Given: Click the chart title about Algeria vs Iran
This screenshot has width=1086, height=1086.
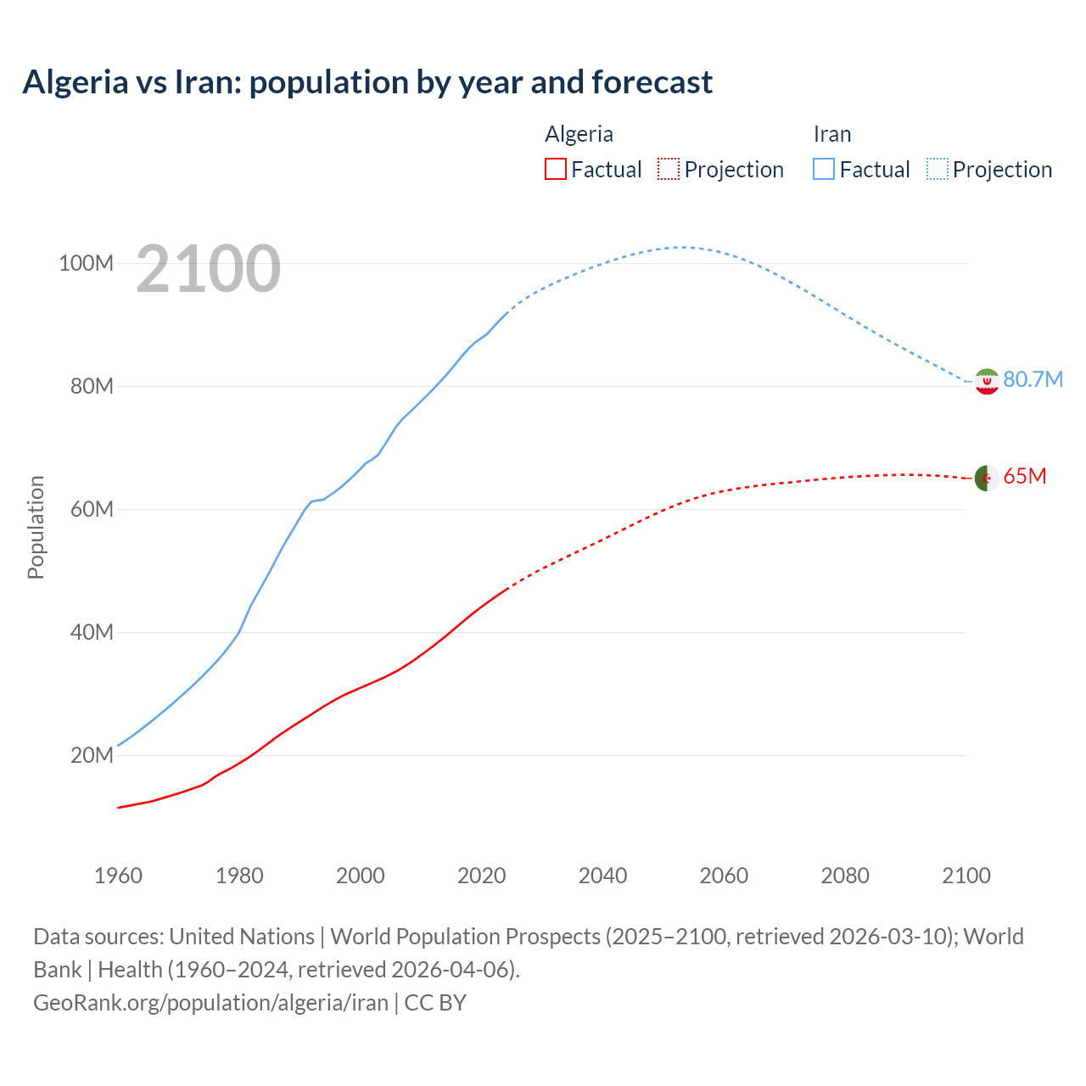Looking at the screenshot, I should click(x=367, y=82).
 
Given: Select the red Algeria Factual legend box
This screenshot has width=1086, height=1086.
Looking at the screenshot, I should click(x=555, y=169).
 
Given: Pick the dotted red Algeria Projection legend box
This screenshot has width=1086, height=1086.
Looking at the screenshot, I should click(x=669, y=169).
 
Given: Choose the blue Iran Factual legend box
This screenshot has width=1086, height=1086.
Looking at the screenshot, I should click(x=824, y=169).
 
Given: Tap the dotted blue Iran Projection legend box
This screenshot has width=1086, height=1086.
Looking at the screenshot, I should click(x=938, y=169).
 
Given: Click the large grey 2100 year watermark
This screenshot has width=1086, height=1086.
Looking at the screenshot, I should click(x=208, y=269).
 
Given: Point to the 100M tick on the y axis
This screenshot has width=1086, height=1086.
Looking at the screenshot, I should click(x=86, y=263).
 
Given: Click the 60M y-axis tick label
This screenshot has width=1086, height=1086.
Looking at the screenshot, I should click(x=92, y=509).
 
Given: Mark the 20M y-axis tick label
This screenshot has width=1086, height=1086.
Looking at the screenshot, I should click(x=92, y=755).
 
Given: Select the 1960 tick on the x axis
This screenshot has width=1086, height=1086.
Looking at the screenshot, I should click(x=118, y=876).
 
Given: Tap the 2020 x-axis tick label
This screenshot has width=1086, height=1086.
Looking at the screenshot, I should click(x=481, y=876).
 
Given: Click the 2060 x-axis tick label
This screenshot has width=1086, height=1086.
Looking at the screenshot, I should click(x=724, y=876).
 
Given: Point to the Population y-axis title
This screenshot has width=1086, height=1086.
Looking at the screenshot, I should click(x=36, y=527).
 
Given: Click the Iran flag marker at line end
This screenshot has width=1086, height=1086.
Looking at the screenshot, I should click(x=987, y=382).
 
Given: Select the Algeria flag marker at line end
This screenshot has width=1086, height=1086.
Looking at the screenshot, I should click(x=987, y=479).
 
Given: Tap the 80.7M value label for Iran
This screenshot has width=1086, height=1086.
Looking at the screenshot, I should click(x=1033, y=379).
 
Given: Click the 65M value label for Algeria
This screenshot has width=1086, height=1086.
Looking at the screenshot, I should click(x=1025, y=476).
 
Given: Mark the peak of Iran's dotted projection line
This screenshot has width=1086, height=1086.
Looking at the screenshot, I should click(x=680, y=247).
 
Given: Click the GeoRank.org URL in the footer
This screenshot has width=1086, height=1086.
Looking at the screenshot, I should click(x=210, y=1002).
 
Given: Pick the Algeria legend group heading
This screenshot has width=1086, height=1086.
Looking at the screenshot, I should click(x=579, y=134).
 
